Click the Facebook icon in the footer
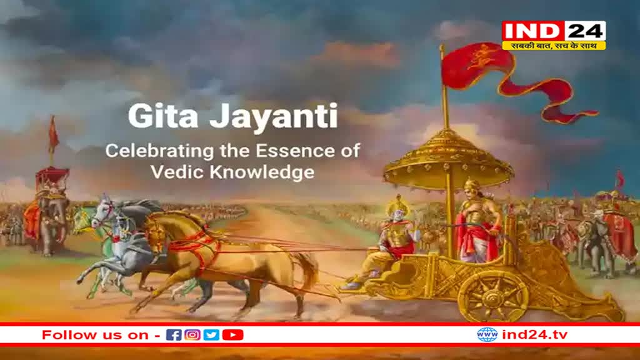(x=174, y=335)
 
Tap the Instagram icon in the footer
(x=192, y=335)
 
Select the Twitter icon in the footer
(x=211, y=335)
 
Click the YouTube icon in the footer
(x=232, y=335)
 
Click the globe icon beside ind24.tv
(x=487, y=334)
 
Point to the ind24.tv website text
(x=526, y=334)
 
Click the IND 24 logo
(x=554, y=31)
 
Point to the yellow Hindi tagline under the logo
(x=554, y=46)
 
